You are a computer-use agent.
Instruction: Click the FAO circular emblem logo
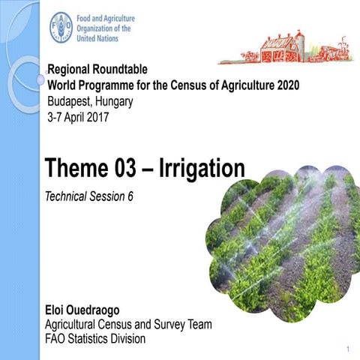coord(61,27)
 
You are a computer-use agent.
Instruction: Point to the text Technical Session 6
coord(94,196)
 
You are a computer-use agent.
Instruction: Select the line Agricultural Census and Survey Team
coord(129,325)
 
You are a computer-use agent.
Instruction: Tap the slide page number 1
coord(349,350)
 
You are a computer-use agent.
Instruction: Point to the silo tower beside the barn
coord(299,43)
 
